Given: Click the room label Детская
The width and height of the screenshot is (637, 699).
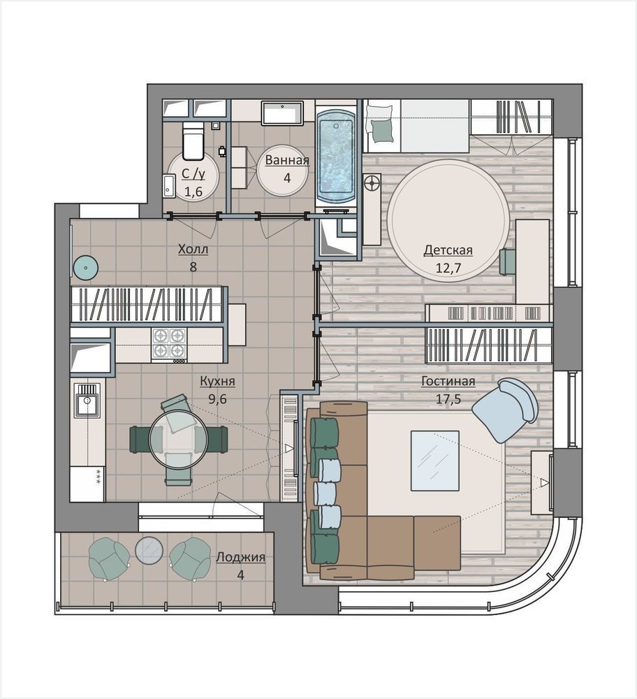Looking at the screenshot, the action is (448, 250).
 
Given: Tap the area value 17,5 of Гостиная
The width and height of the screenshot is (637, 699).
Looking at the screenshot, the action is (448, 398).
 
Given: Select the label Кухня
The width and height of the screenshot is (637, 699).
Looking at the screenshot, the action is (217, 381).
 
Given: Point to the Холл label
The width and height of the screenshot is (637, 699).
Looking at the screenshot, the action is (193, 250).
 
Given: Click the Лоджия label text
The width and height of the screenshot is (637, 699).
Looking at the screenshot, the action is (240, 557).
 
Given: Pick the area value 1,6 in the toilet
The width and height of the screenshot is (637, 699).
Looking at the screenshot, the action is (193, 192).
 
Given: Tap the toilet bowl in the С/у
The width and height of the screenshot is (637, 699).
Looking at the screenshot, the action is (193, 142).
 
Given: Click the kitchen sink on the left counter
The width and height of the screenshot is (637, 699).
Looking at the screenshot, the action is (87, 401).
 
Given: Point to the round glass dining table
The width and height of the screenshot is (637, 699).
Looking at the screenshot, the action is (173, 439).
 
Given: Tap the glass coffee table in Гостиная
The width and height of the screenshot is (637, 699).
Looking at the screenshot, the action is (434, 461).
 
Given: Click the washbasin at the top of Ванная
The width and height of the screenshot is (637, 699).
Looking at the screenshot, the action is (282, 113).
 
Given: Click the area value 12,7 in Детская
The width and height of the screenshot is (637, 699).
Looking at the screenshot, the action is (448, 268).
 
